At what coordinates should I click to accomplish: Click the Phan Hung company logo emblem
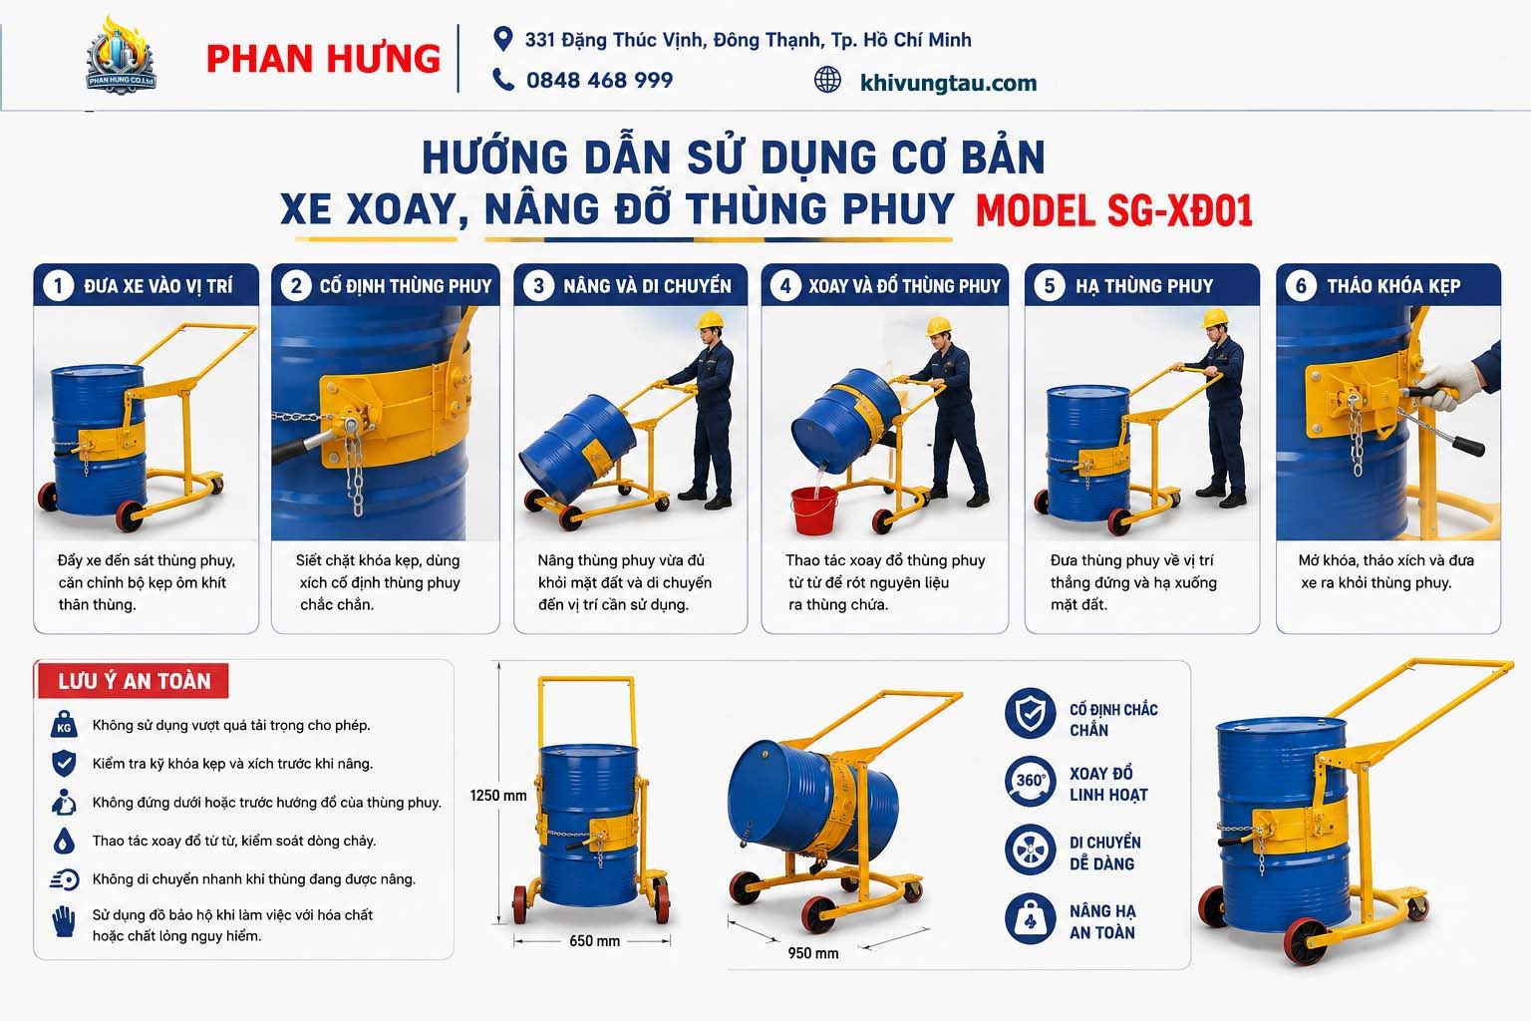click(121, 56)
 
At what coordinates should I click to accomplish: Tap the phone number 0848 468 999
click(599, 80)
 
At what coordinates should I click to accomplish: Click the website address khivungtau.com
click(948, 83)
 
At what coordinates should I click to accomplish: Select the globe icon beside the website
click(827, 80)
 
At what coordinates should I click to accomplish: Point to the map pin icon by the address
click(503, 39)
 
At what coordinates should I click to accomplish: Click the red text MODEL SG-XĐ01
click(1114, 210)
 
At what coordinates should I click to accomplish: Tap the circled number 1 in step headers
click(58, 286)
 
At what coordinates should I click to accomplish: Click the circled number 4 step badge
click(785, 286)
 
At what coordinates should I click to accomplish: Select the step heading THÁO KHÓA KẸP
click(1393, 286)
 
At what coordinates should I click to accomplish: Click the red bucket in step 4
click(814, 510)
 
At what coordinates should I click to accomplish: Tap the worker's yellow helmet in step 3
click(710, 319)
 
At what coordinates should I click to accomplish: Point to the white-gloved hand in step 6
click(1442, 387)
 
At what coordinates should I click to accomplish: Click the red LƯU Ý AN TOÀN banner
click(134, 681)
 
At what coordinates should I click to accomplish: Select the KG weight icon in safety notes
click(64, 725)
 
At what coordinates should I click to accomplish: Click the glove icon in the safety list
click(64, 922)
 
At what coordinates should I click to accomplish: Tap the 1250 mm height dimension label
click(498, 796)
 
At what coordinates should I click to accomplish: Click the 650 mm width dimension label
click(595, 941)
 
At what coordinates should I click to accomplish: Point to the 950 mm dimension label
click(812, 953)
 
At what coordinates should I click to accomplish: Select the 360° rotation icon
click(1030, 782)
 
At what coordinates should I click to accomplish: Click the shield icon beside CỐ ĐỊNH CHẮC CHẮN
click(1030, 713)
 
